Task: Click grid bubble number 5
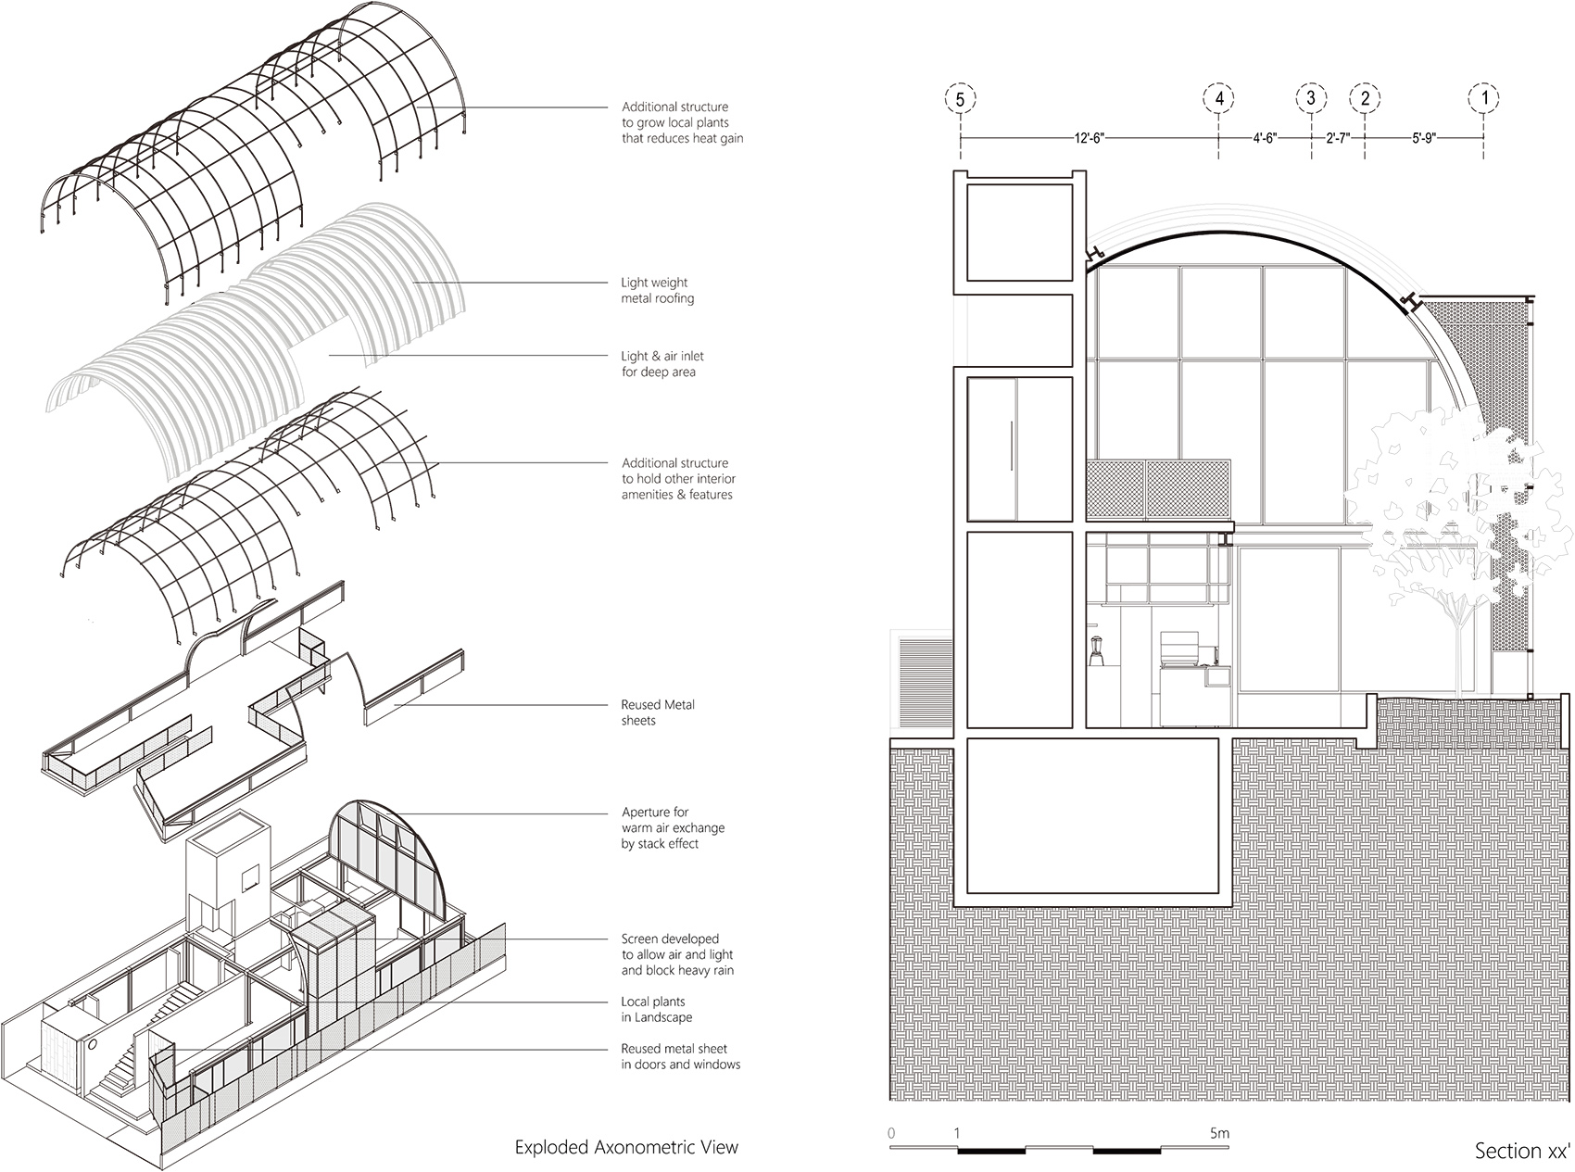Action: tap(961, 98)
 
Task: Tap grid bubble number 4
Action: tap(1219, 98)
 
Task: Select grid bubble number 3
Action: tap(1311, 98)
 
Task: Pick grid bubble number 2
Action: tap(1365, 98)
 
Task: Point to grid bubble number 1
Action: tap(1484, 98)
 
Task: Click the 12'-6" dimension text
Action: tap(1089, 138)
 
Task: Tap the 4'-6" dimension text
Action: tap(1265, 138)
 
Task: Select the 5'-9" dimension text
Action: tap(1423, 138)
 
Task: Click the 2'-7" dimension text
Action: tap(1339, 138)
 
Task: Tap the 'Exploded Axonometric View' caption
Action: tap(626, 1147)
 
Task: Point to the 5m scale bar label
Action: tap(1219, 1133)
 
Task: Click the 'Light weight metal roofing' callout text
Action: tap(657, 291)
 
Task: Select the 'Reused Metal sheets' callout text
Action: tap(658, 712)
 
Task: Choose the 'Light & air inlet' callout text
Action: tap(662, 364)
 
